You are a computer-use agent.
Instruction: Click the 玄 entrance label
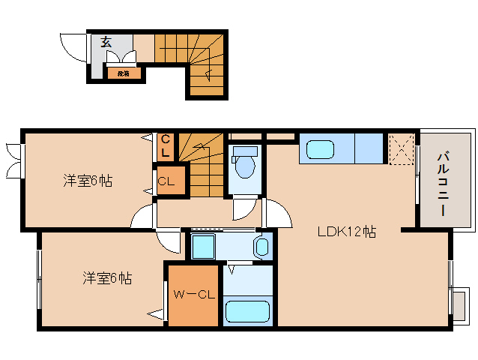click(x=106, y=43)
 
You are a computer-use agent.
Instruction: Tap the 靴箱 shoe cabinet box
click(x=123, y=73)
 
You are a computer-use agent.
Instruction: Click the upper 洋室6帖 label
click(x=88, y=180)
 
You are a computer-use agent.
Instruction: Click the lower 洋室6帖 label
click(x=107, y=278)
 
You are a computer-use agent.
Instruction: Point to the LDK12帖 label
click(x=346, y=232)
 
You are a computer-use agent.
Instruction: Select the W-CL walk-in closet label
click(x=194, y=295)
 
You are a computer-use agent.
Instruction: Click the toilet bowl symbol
click(x=244, y=164)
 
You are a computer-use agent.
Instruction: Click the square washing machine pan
click(x=202, y=246)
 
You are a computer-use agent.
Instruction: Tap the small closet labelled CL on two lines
click(x=166, y=145)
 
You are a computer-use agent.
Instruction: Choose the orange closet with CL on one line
click(x=166, y=181)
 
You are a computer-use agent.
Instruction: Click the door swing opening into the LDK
click(x=274, y=214)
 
